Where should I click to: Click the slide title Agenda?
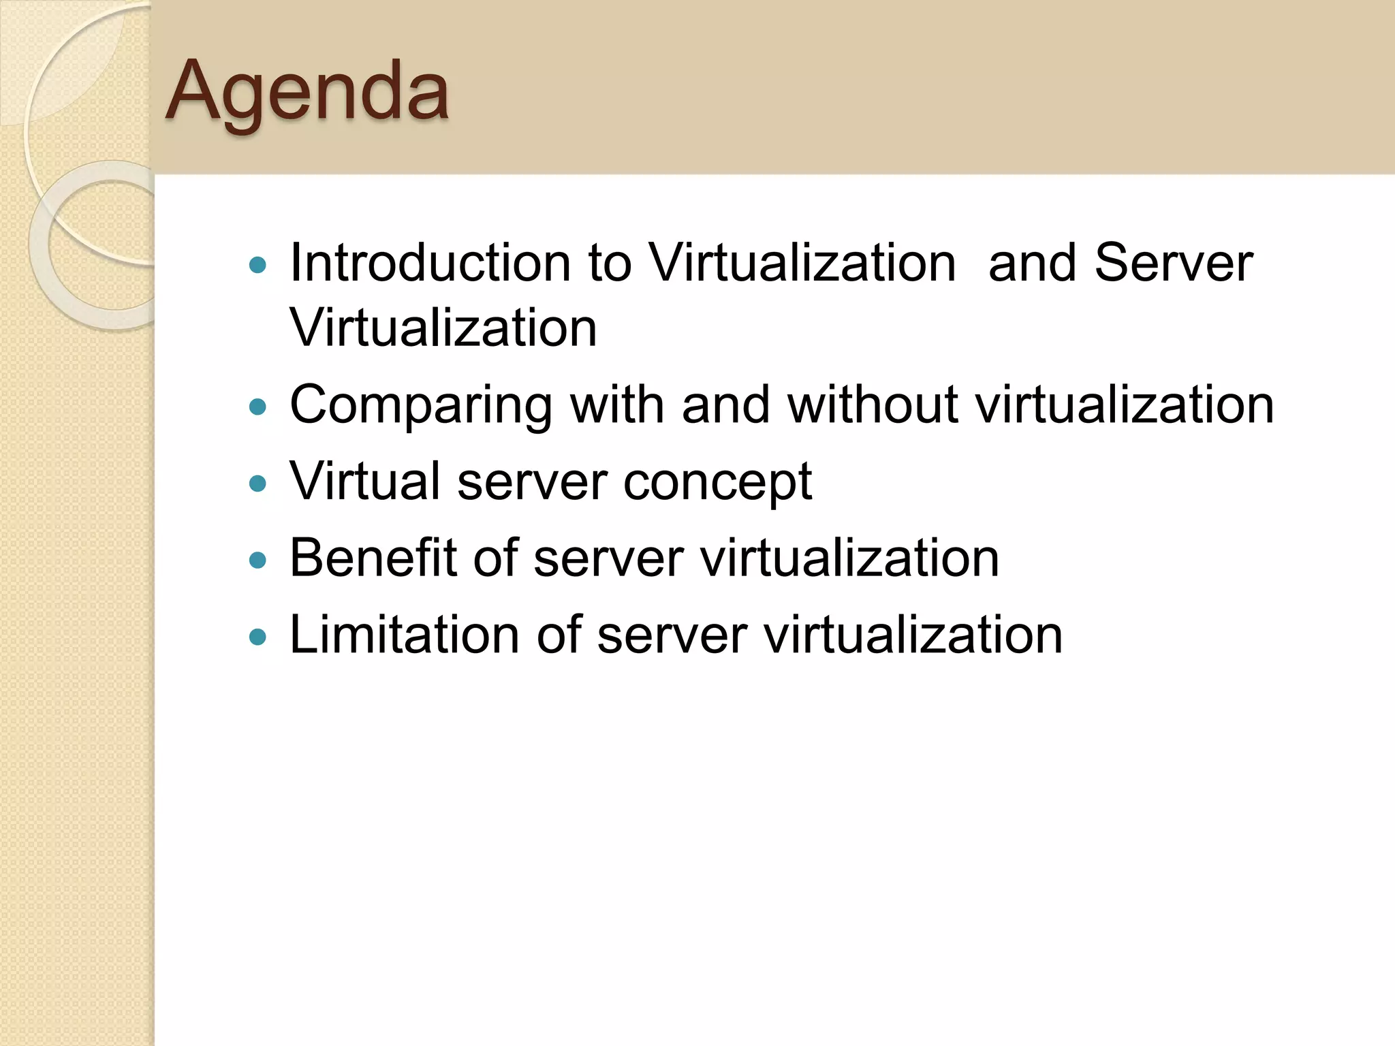coord(307,91)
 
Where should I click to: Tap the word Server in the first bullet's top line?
coord(1173,263)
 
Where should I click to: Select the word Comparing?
coord(421,406)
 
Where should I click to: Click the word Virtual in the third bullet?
coord(365,481)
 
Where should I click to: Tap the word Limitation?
coord(405,635)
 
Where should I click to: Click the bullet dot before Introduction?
coord(258,265)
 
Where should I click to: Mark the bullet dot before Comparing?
coord(258,407)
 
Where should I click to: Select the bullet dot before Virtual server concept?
coord(258,484)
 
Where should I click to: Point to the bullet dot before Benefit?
coord(258,560)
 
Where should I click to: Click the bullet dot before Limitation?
coord(258,637)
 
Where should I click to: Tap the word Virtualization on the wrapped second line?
coord(443,328)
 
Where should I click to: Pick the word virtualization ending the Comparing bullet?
coord(1125,405)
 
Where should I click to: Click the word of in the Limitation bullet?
coord(559,635)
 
